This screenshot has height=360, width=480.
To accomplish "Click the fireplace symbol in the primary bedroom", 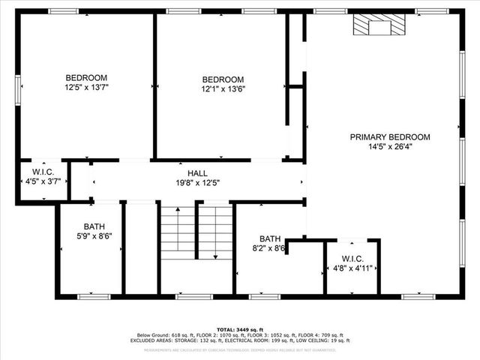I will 373,27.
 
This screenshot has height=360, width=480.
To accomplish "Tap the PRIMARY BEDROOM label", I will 390,137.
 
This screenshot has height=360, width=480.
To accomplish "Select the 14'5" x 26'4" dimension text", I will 390,147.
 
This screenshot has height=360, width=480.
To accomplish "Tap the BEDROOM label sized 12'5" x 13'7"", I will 86,78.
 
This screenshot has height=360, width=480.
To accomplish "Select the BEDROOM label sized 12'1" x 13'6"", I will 223,79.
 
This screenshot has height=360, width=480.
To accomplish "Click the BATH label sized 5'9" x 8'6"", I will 94,226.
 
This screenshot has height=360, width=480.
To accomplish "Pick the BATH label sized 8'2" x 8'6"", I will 270,238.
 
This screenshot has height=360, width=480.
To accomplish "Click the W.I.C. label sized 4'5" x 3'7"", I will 42,172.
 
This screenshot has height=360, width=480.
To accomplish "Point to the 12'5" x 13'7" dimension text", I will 86,88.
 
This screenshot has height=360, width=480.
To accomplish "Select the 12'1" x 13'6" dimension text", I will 223,89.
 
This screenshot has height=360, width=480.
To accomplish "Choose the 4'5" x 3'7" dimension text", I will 42,181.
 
